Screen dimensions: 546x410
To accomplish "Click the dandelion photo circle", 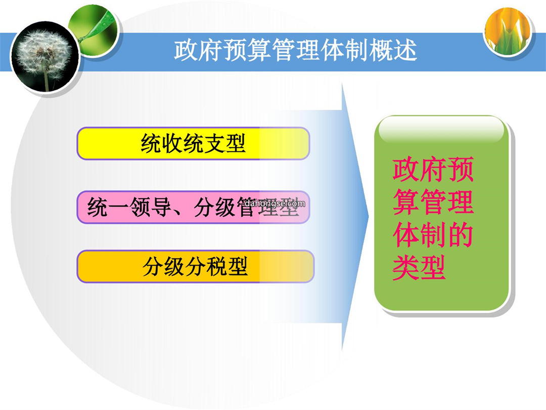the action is click(x=44, y=57).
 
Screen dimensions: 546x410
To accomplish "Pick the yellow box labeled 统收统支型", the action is click(x=193, y=143).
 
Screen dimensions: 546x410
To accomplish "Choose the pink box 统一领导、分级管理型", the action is click(x=193, y=207).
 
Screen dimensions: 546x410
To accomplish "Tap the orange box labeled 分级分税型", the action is click(x=195, y=266).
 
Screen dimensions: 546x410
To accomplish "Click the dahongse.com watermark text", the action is click(x=275, y=203).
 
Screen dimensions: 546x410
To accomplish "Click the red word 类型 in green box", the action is click(x=419, y=268).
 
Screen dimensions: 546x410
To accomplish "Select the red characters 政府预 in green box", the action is click(x=433, y=170).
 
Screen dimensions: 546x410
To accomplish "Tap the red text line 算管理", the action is click(x=433, y=202).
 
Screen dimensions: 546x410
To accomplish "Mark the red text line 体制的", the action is click(x=433, y=235).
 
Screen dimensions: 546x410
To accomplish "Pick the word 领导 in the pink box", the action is click(x=151, y=207).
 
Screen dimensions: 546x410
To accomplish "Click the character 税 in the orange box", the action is click(x=216, y=266).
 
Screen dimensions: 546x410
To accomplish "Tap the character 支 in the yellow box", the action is click(x=214, y=143).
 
